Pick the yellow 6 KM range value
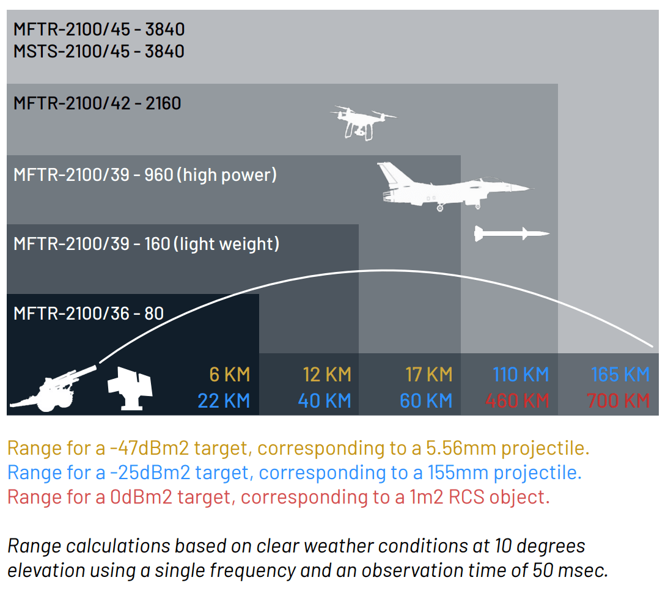[x=229, y=374]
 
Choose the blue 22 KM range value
[x=224, y=401]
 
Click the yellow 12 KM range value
[x=327, y=374]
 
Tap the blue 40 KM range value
[x=325, y=401]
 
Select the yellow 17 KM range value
[x=428, y=374]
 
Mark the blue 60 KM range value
[x=426, y=401]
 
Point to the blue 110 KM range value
[x=521, y=374]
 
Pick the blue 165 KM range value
[x=620, y=374]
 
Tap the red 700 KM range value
[x=618, y=401]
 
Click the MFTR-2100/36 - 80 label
[x=89, y=314]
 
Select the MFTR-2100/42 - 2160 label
[x=97, y=103]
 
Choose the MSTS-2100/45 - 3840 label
[x=99, y=51]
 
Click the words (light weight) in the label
[x=226, y=244]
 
